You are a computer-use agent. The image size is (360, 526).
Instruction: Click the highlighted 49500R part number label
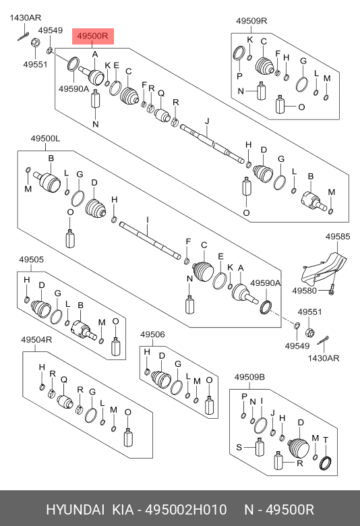[93, 36]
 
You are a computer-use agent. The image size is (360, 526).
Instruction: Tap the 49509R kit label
[251, 21]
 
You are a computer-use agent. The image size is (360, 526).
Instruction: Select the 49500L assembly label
[45, 138]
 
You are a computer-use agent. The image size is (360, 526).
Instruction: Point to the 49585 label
[338, 237]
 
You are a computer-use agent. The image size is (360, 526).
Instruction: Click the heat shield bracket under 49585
[324, 270]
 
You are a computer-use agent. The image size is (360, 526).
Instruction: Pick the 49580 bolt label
[304, 291]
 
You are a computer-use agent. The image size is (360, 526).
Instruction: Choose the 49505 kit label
[31, 260]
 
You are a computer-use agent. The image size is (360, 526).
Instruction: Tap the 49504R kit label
[36, 340]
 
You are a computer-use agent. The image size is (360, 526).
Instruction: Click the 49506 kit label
[152, 334]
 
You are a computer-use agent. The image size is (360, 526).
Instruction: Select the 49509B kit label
[249, 377]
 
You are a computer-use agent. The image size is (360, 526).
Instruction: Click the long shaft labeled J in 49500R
[212, 143]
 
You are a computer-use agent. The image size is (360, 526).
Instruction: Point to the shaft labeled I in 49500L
[150, 239]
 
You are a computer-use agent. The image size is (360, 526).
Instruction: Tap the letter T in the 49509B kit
[326, 440]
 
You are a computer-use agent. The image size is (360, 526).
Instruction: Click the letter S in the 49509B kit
[239, 447]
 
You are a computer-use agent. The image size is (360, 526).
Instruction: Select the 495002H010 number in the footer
[186, 510]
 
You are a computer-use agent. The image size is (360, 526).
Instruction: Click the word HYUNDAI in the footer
[75, 510]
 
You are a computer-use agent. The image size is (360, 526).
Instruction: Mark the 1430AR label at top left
[25, 18]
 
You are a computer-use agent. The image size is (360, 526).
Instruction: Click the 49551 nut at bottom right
[309, 332]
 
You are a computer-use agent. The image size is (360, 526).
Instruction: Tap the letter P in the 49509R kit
[239, 76]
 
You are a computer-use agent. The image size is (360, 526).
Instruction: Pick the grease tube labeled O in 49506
[209, 405]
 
